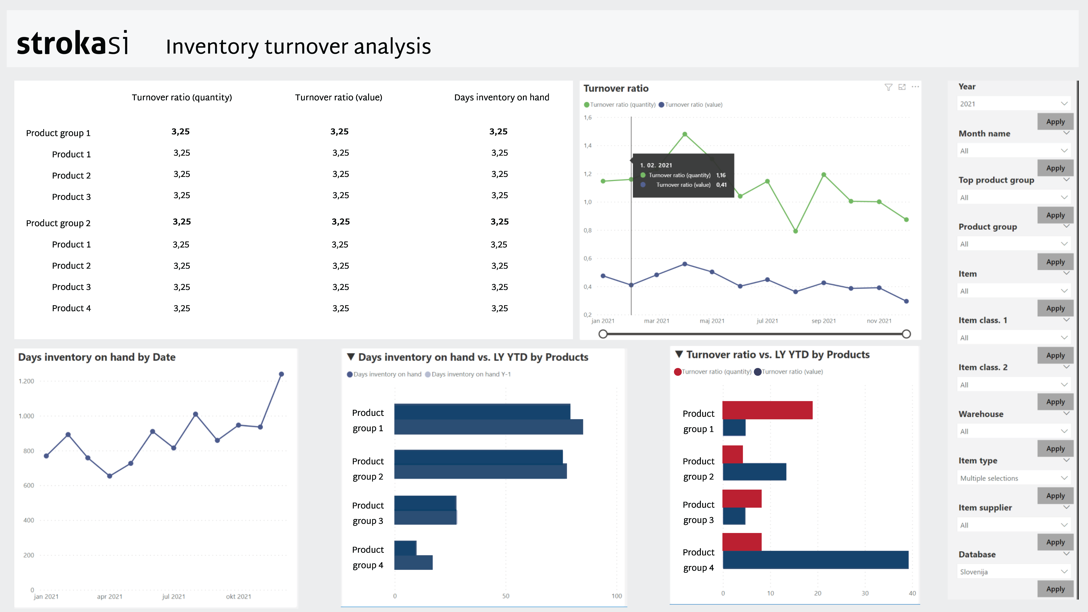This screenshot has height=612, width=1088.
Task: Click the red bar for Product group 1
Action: coord(767,410)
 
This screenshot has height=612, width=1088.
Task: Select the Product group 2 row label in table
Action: coord(58,223)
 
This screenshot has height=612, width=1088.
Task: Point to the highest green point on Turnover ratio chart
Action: coord(685,134)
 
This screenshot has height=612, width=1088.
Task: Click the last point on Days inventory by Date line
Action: coord(281,374)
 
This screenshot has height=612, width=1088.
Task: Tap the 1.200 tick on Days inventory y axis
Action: coord(26,381)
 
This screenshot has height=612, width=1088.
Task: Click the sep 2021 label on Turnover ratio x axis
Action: coord(824,321)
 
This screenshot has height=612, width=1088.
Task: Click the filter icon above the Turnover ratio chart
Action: coord(888,87)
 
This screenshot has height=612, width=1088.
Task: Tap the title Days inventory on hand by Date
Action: coord(97,357)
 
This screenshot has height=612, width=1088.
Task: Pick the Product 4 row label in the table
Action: coord(71,308)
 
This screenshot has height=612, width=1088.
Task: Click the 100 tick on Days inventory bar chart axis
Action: coord(617,596)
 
